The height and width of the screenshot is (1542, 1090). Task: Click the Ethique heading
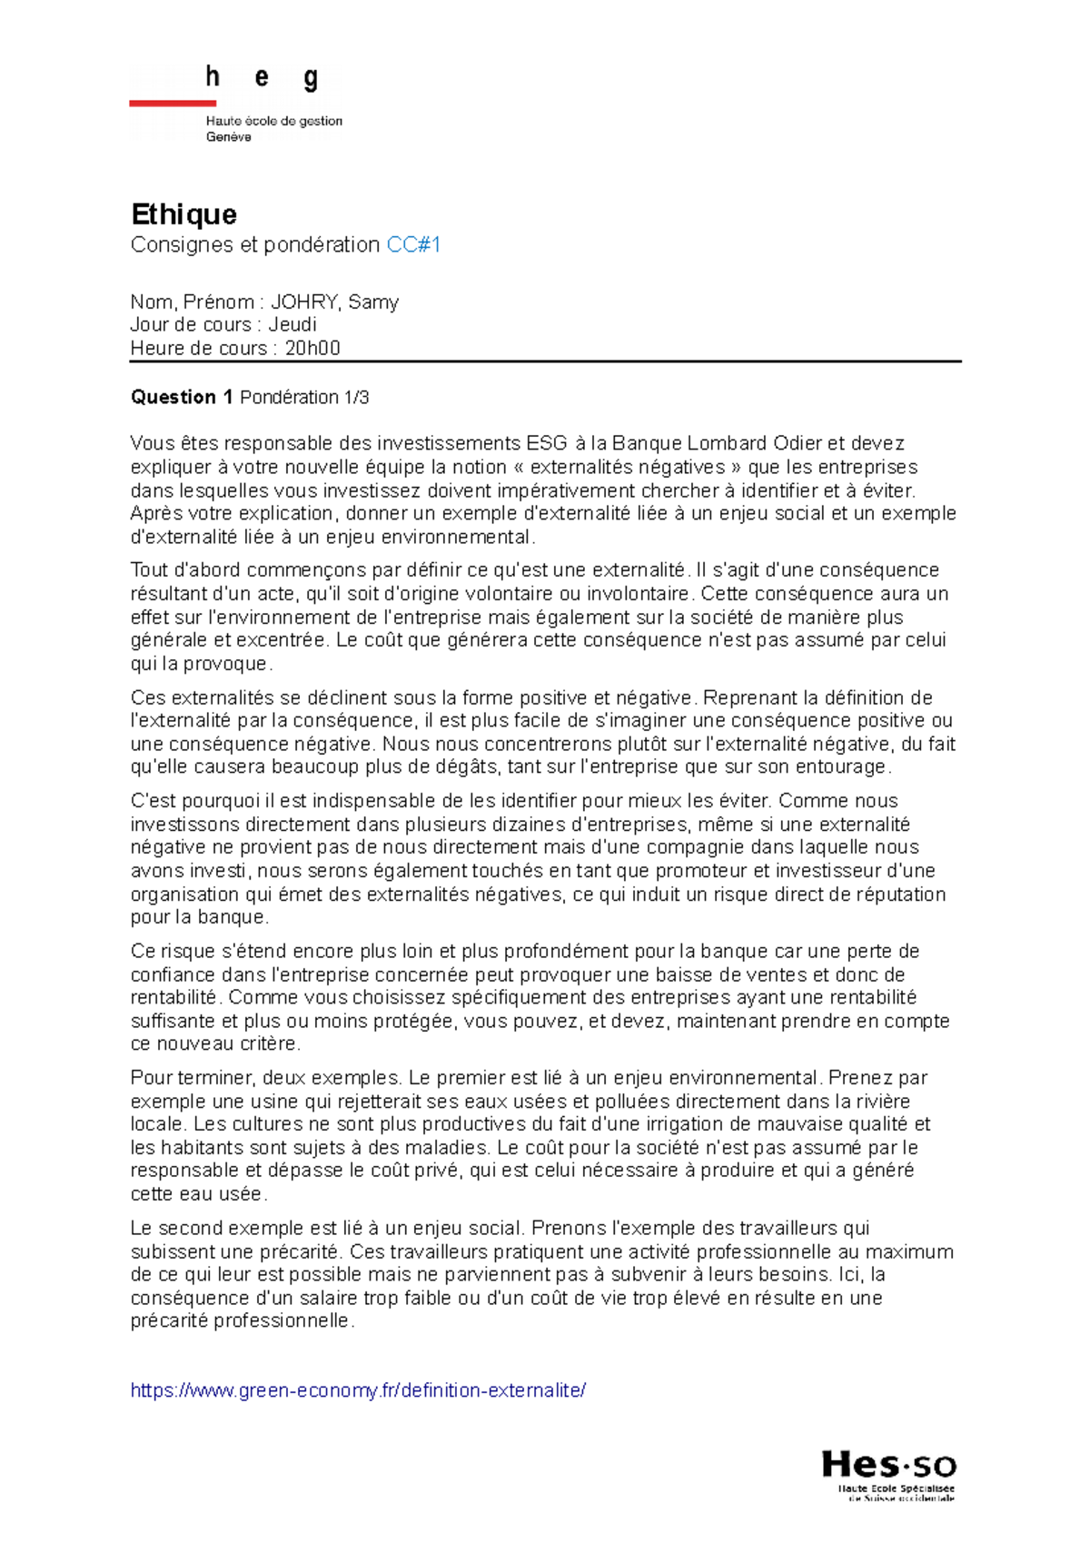tap(183, 214)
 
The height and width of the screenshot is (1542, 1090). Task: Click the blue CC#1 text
tap(413, 245)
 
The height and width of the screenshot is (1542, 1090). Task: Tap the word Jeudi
tap(292, 325)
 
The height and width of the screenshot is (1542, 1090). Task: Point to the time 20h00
tap(312, 349)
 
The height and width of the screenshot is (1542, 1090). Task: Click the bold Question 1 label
tap(182, 398)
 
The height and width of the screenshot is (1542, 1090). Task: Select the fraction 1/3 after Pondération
tap(356, 398)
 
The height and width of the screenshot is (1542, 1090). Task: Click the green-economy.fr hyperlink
tap(358, 1390)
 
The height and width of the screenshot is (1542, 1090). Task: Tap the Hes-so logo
tap(888, 1476)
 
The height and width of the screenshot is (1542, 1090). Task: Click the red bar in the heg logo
tap(173, 104)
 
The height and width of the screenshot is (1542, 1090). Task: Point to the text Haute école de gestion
tap(273, 121)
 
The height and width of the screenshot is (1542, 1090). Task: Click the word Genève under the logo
tap(228, 137)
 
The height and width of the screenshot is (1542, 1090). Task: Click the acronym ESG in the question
tap(546, 444)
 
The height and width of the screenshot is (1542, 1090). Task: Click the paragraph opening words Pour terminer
tap(174, 1078)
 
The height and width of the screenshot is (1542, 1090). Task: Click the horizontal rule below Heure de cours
tap(545, 361)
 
